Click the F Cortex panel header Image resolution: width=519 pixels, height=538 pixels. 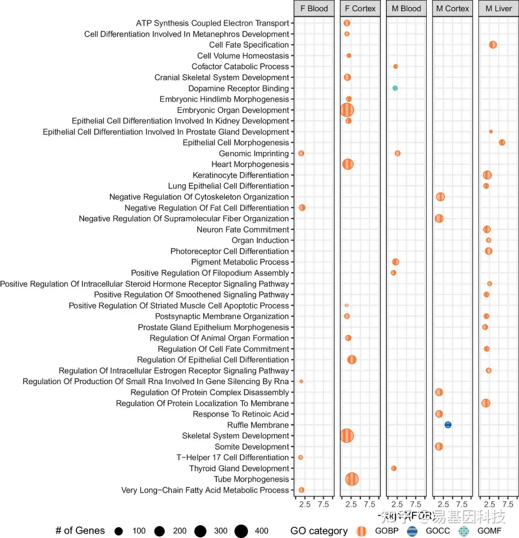tap(360, 8)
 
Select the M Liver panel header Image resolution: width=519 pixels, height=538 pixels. tap(498, 8)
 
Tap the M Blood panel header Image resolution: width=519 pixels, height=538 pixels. tap(407, 8)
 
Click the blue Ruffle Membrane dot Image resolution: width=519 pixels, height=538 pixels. tap(448, 425)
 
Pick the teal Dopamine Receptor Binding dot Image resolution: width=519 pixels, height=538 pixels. tap(395, 88)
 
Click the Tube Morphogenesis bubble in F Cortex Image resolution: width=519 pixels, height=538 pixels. tap(352, 479)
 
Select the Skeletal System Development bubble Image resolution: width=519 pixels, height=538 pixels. tap(347, 436)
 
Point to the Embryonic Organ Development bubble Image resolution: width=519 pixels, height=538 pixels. tap(347, 110)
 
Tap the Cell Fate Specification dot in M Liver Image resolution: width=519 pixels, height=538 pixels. tap(493, 45)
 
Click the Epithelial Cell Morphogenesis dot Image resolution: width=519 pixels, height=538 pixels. tap(502, 143)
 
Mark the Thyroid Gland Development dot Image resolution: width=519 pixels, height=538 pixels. tap(394, 468)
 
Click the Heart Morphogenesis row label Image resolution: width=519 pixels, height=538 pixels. tap(250, 164)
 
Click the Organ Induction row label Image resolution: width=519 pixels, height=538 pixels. tap(260, 240)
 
